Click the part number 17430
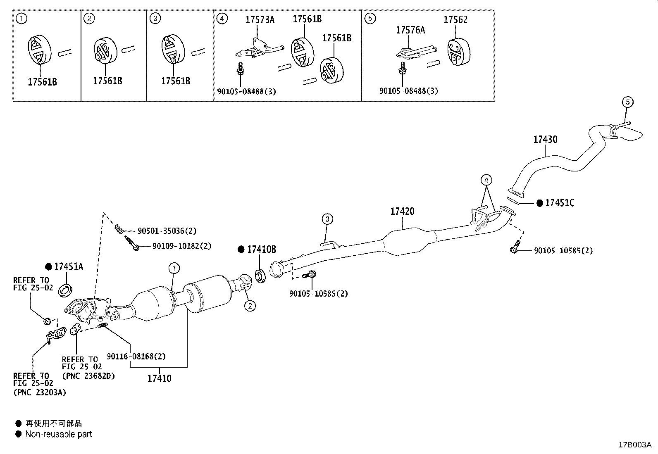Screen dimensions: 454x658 [x=545, y=140]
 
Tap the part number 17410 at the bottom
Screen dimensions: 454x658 [x=159, y=378]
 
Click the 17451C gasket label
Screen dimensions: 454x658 [x=559, y=203]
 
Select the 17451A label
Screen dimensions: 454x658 [x=68, y=267]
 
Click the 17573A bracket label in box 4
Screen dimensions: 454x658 [x=260, y=20]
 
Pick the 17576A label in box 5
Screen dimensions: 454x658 [x=410, y=30]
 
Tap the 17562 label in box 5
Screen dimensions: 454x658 [x=455, y=20]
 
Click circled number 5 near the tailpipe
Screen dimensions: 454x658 [x=627, y=102]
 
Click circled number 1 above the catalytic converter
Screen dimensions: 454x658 [x=174, y=269]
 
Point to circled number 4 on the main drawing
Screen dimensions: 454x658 [x=486, y=180]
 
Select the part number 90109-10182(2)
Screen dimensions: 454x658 [x=181, y=246]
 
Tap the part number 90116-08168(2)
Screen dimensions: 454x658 [x=136, y=356]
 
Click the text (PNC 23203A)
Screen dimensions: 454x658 [x=39, y=392]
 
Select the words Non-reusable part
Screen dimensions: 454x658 [x=58, y=434]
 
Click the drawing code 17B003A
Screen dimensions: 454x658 [x=634, y=445]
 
